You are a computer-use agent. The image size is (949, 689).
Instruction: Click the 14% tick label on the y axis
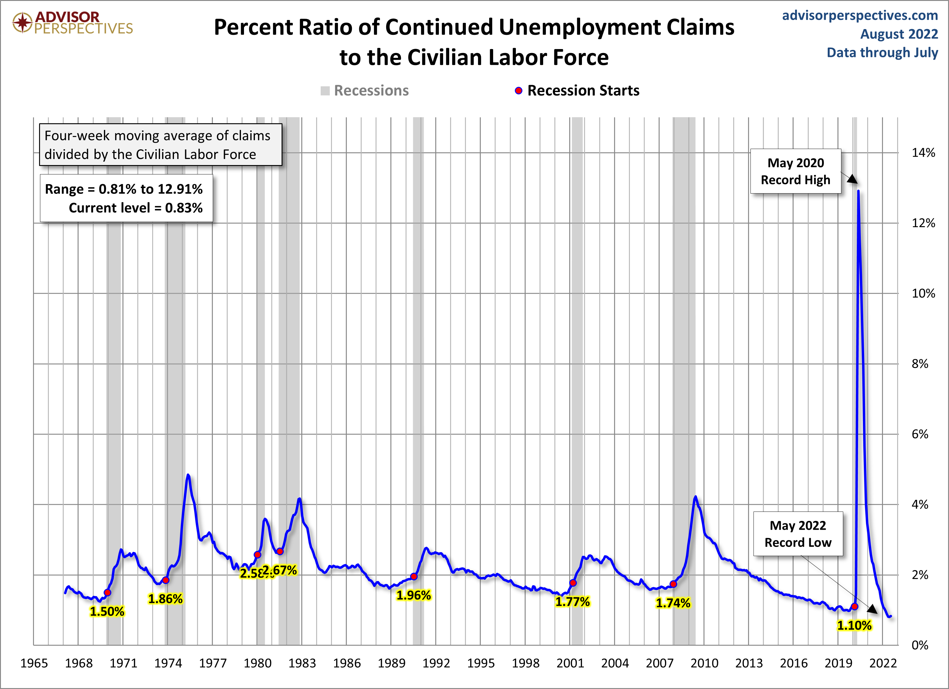(x=923, y=153)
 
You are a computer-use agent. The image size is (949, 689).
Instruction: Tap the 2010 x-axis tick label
(x=704, y=663)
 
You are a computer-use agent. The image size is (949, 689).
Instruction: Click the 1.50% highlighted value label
(x=107, y=612)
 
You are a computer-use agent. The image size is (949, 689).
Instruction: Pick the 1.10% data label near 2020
(x=854, y=625)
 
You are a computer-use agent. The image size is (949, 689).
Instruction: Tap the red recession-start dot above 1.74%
(x=673, y=584)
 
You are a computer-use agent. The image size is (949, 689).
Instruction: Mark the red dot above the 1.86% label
(x=166, y=580)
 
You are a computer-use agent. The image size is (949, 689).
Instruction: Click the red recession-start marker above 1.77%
(x=573, y=583)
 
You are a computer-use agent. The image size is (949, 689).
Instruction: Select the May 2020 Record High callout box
(x=795, y=171)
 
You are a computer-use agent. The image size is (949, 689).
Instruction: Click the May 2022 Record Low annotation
(x=798, y=534)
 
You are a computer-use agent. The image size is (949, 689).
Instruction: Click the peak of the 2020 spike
(x=858, y=191)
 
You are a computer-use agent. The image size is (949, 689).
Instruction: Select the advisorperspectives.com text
(x=860, y=15)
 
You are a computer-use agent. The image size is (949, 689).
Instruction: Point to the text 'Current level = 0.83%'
(x=135, y=208)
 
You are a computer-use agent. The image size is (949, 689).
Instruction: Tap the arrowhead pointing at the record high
(x=853, y=179)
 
